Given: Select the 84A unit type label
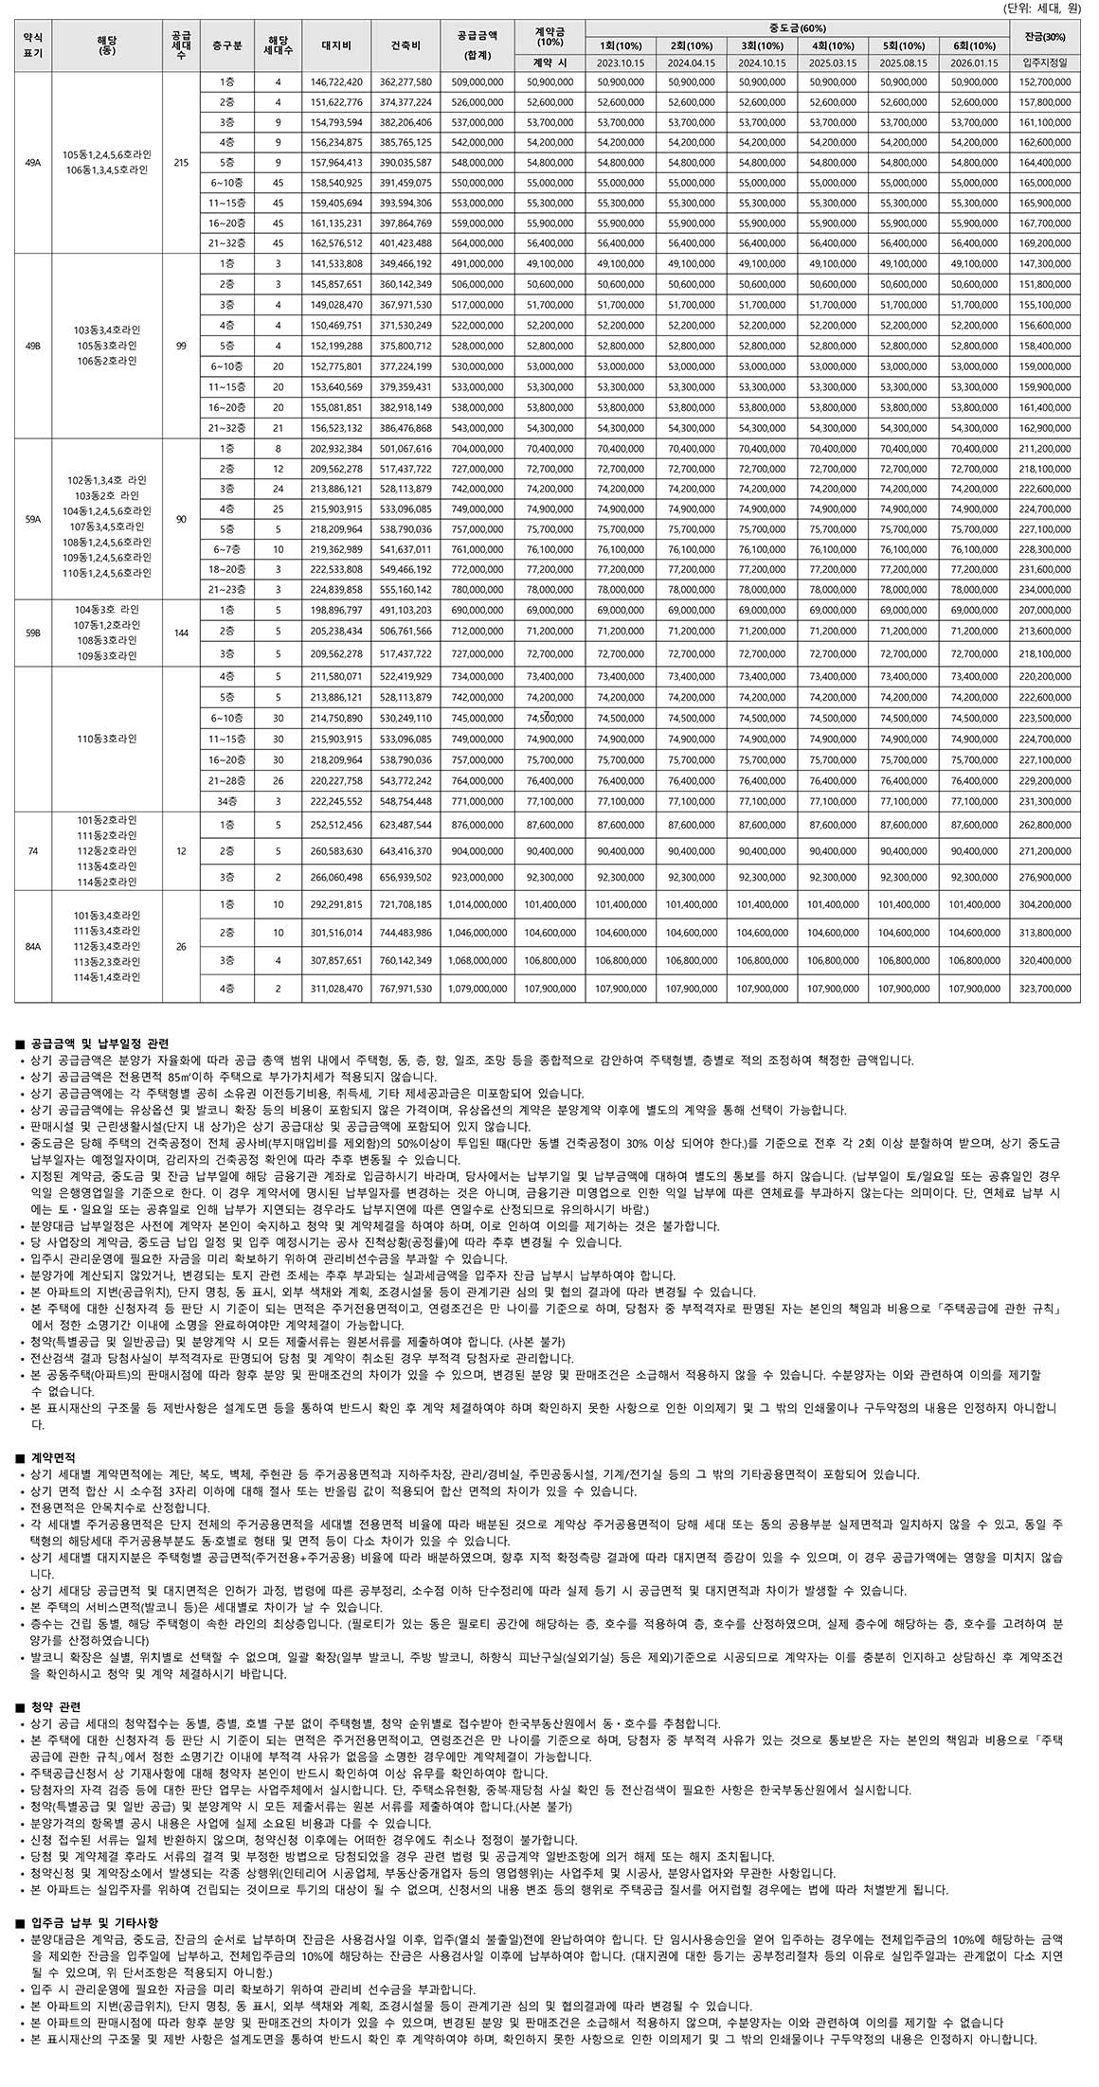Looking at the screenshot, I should coord(33,946).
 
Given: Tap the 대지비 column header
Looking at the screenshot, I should coord(336,45).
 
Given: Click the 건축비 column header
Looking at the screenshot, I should coord(405,45).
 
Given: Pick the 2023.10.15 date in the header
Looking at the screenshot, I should coord(621,62).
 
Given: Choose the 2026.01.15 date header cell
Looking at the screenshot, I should coord(974,62).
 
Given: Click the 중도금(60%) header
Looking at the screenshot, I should coord(797,28).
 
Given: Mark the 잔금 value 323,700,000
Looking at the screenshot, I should coord(1044,989).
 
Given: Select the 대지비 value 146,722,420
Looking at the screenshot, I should coord(336,82).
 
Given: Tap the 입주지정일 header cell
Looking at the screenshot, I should coord(1044,62).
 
